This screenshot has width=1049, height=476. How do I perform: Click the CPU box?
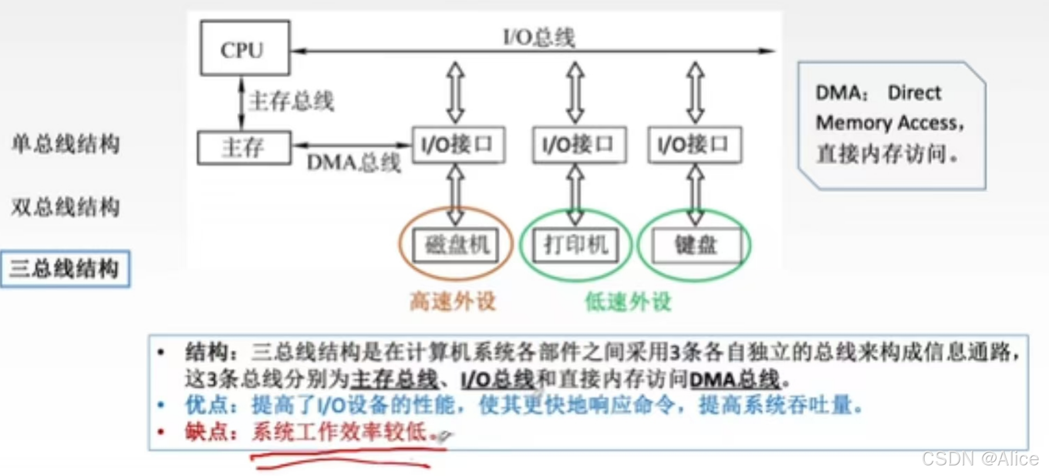[245, 48]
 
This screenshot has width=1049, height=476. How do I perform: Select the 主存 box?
[244, 147]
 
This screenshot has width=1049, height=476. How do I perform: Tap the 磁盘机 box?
[456, 245]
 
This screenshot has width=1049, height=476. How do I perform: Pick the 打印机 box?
[575, 245]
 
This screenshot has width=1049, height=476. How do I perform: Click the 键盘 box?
[695, 245]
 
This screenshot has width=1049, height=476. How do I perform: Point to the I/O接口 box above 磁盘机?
[458, 145]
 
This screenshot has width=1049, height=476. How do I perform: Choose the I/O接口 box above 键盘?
[694, 145]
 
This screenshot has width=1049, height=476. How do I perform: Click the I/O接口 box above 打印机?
[579, 145]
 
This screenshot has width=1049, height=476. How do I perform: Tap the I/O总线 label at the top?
[539, 38]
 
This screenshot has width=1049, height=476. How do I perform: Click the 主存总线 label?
[291, 101]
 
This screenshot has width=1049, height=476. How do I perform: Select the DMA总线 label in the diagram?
[353, 163]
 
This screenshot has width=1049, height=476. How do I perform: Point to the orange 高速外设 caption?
[453, 301]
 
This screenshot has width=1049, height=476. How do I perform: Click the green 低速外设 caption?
[628, 301]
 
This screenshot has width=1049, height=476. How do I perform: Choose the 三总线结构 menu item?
[65, 269]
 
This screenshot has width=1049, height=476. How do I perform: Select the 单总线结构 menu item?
[65, 143]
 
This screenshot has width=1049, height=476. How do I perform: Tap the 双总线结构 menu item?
[65, 207]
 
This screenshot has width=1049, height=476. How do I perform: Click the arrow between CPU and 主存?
[241, 103]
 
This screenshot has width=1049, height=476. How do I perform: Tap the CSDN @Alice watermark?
[979, 458]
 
